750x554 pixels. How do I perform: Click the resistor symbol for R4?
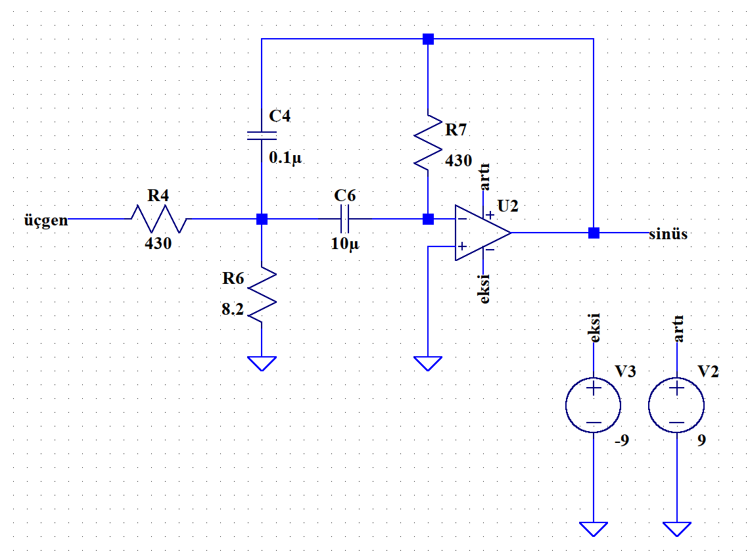(159, 219)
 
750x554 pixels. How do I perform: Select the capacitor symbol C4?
(262, 135)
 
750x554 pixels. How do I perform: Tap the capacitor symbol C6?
(344, 219)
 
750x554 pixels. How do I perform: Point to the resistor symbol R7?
(428, 141)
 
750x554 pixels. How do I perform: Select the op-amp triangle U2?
(480, 233)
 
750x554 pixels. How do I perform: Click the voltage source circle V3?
(594, 405)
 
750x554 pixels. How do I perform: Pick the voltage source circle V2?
(676, 405)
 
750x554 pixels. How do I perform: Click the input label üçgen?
(46, 219)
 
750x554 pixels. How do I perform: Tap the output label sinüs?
(668, 233)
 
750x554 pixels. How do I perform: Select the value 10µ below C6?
(345, 244)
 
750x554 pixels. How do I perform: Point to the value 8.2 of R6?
(233, 310)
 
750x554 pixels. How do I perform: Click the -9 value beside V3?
(621, 441)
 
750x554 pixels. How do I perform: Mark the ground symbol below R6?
(262, 363)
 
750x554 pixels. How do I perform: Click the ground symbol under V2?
(676, 528)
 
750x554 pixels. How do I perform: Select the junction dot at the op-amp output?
(594, 233)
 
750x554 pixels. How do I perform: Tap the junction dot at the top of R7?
(428, 39)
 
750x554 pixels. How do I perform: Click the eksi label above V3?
(595, 328)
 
